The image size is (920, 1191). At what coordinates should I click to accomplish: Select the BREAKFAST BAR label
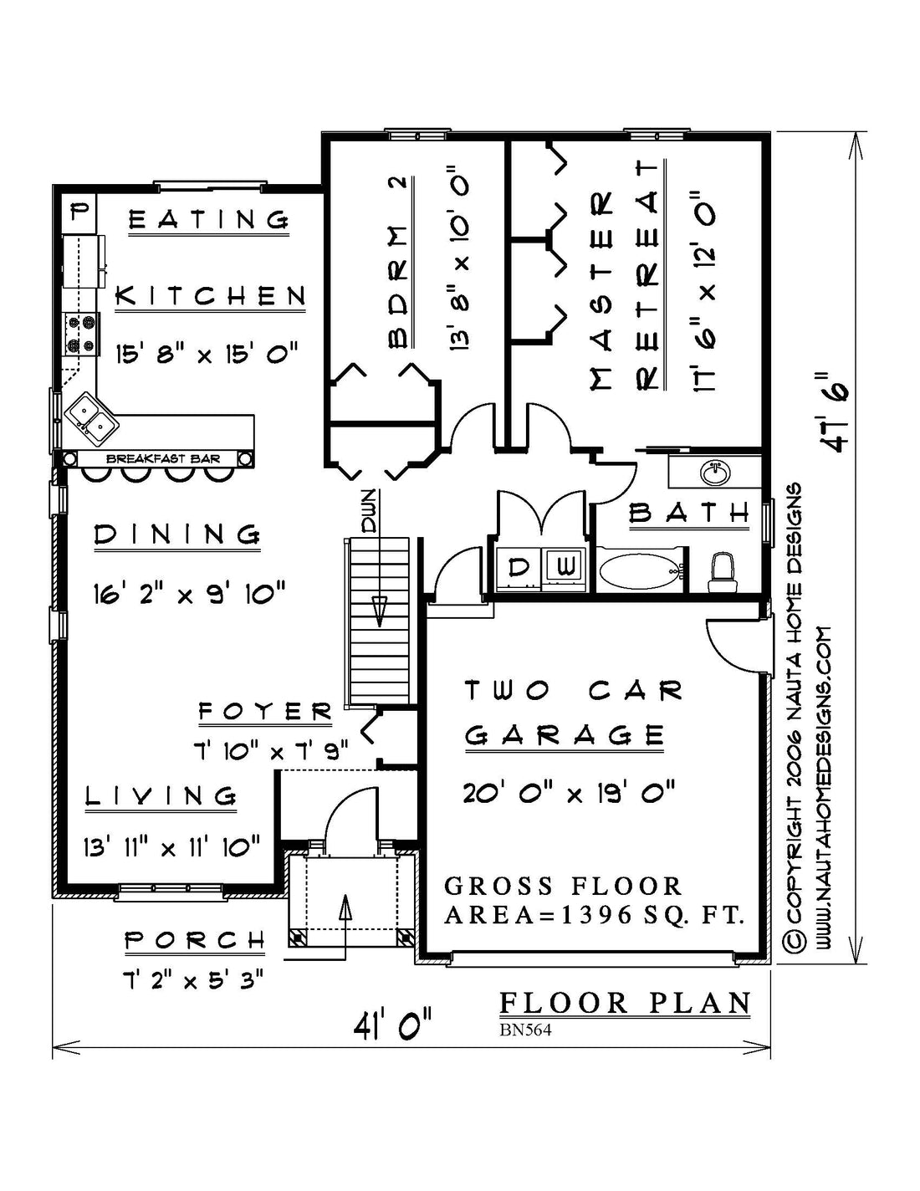click(x=163, y=459)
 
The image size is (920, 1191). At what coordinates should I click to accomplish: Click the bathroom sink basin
click(x=716, y=473)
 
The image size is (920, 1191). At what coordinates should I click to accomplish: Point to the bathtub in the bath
click(x=641, y=571)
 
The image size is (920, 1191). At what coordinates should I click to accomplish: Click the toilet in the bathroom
click(x=721, y=572)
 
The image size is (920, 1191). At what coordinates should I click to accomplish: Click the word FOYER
click(x=265, y=712)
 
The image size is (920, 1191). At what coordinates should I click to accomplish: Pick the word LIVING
click(x=161, y=795)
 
